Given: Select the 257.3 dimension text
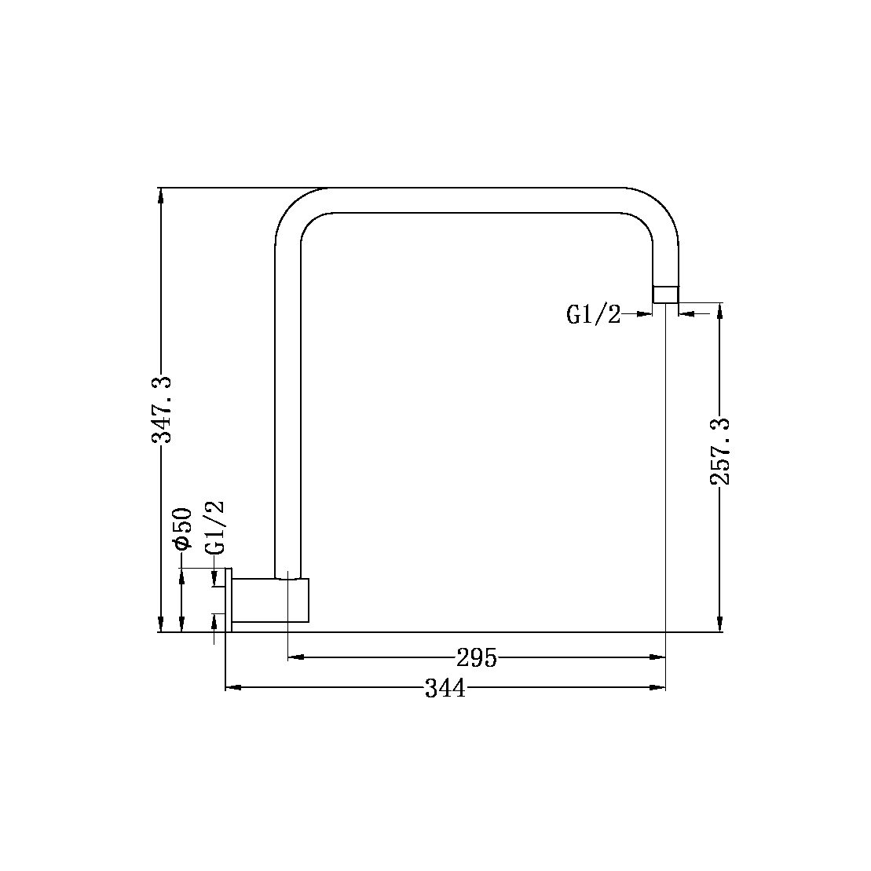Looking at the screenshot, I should [x=719, y=451].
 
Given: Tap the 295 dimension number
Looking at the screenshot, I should [x=477, y=657].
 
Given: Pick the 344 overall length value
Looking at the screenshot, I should [x=445, y=689].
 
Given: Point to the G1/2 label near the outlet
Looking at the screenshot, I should [x=593, y=315].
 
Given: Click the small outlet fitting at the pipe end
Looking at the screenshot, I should [x=666, y=294].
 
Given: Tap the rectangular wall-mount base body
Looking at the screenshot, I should [x=270, y=601].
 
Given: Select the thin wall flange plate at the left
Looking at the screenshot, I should [x=229, y=600].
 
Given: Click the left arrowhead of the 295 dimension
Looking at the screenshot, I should [x=295, y=657].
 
